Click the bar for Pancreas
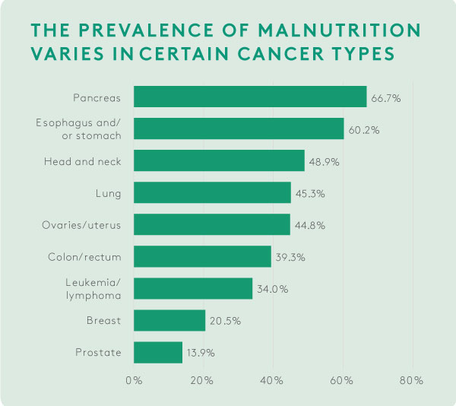[x=250, y=97]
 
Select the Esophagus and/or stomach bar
[x=239, y=128]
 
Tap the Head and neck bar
[x=219, y=160]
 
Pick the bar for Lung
[x=212, y=192]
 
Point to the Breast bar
[x=169, y=320]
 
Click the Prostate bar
[x=158, y=352]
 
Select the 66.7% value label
[x=385, y=98]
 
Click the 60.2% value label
[x=363, y=130]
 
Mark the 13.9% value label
[x=201, y=353]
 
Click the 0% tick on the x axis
[x=134, y=379]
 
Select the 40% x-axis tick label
[x=273, y=379]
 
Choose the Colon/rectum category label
[x=85, y=257]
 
